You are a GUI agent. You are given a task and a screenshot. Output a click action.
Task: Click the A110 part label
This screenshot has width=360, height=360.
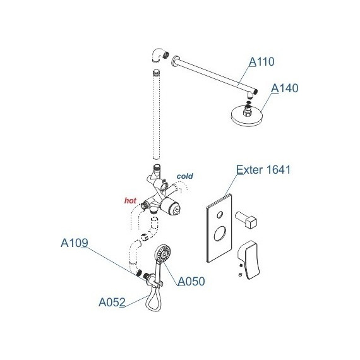click(261, 61)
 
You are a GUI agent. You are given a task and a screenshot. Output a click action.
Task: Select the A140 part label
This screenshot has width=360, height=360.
click(285, 88)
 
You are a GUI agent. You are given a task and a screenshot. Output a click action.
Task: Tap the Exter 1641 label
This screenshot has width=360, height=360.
click(263, 170)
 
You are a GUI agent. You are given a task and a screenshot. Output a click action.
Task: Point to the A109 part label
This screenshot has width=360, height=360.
click(75, 243)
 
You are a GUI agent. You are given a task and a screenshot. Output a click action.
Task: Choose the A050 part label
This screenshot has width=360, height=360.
click(191, 281)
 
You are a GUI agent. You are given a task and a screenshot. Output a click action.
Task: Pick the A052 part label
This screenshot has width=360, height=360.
click(112, 302)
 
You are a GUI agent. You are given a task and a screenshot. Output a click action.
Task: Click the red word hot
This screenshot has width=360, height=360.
click(130, 200)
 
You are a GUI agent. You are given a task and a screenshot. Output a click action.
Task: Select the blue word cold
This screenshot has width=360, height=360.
click(185, 176)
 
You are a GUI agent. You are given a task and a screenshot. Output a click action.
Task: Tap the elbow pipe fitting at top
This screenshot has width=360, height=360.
click(159, 55)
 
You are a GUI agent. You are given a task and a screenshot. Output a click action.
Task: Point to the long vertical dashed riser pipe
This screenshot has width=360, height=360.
click(157, 114)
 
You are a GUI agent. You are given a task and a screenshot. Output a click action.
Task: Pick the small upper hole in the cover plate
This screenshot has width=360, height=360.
click(220, 215)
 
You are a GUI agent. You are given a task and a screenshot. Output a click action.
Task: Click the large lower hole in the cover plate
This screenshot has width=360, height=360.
click(220, 234)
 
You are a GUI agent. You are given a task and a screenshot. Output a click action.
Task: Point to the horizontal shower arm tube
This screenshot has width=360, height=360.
click(216, 74)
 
